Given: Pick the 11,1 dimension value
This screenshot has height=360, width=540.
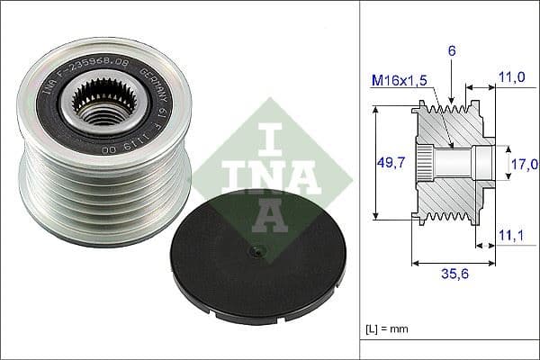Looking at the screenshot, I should [511, 235].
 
